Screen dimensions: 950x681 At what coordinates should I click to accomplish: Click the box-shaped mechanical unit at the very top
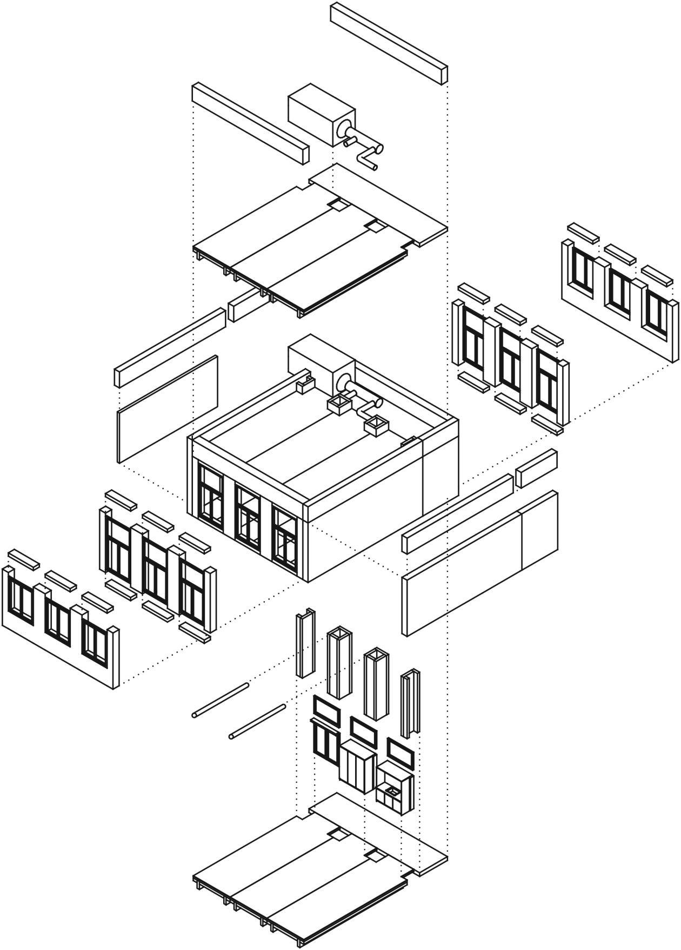coord(319,114)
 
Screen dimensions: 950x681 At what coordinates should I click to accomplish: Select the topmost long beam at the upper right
coord(389,43)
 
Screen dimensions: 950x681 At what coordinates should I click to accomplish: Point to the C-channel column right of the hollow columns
coord(410,703)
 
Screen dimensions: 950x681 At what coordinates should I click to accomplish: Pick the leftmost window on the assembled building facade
coord(211,496)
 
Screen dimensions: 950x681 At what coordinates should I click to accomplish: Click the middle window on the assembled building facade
coord(248,514)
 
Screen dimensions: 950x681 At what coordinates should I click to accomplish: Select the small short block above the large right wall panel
coord(536,468)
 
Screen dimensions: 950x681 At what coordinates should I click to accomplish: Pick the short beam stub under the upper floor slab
coord(246,306)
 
